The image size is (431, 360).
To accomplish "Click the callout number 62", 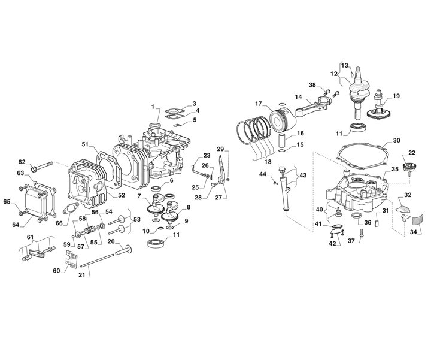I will point(22,162).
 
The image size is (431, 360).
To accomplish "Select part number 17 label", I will point(258,103).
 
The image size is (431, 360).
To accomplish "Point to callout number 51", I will point(85,144).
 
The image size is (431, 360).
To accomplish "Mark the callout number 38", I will point(312,84).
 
